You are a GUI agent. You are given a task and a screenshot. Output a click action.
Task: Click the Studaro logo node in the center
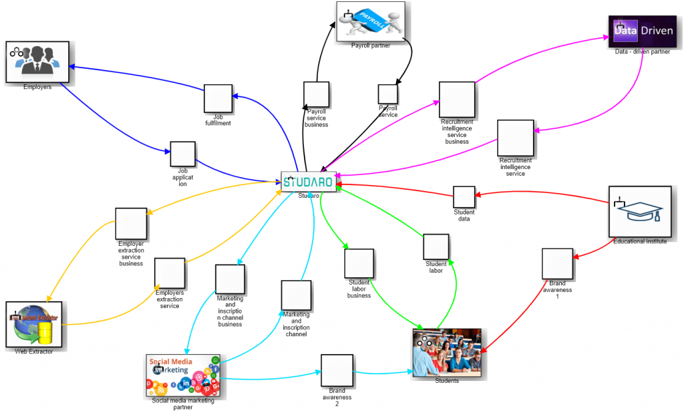308,182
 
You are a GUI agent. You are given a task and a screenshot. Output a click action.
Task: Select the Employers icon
37,61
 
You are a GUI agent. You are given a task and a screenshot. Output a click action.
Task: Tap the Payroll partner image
370,21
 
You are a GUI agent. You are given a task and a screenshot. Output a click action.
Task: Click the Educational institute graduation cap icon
639,211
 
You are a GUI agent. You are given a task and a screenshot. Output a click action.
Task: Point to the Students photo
447,352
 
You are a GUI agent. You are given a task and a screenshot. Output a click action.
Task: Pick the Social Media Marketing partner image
183,376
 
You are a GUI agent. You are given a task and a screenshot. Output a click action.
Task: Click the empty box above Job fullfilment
218,99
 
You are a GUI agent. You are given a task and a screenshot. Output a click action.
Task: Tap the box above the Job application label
182,154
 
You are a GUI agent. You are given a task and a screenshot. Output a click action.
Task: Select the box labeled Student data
464,197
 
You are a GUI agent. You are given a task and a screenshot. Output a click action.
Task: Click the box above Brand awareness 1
557,263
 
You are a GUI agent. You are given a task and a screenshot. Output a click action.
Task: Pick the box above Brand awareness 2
337,370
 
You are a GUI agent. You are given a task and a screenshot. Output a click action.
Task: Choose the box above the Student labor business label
359,263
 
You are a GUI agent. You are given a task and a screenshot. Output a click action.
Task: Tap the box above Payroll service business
316,94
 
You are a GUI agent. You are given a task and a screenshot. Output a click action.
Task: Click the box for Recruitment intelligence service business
457,100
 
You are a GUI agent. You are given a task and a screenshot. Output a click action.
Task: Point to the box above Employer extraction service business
131,224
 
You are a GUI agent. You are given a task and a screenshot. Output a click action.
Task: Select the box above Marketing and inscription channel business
230,279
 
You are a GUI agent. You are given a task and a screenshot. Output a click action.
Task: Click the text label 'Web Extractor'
33,351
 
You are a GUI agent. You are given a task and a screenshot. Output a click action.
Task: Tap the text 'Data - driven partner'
642,52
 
